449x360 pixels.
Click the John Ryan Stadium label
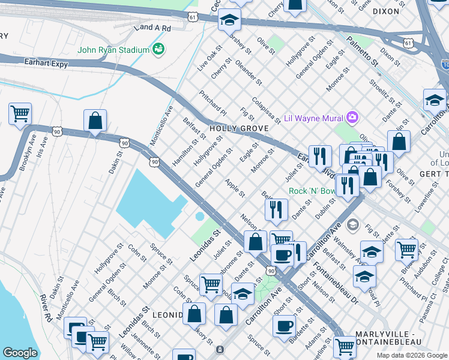pyautogui.click(x=113, y=49)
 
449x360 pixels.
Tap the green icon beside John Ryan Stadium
pyautogui.click(x=159, y=49)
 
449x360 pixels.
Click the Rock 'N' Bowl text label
pyautogui.click(x=312, y=191)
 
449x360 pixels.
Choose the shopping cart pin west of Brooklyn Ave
pyautogui.click(x=20, y=113)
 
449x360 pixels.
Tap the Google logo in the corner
pyautogui.click(x=20, y=353)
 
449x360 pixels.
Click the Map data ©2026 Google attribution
pyautogui.click(x=411, y=355)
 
